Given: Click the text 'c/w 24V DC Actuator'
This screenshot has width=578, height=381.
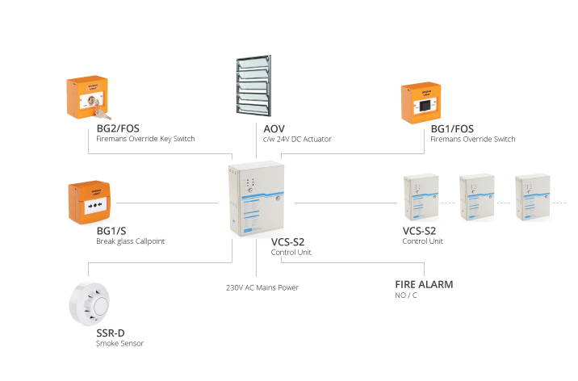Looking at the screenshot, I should click(297, 140).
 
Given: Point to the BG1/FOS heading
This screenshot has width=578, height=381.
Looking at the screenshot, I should click(452, 128).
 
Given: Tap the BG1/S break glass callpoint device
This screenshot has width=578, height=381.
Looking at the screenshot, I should click(94, 203).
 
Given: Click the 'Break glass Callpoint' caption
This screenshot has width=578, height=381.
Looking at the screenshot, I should click(131, 241).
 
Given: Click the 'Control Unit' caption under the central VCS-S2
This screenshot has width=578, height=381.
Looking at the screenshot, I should click(291, 253).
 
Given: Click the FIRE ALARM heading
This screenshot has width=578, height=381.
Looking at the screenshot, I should click(424, 284).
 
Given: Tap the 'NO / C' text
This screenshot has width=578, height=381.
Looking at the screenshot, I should click(407, 296).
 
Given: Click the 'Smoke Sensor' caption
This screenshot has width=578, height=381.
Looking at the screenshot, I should click(119, 344).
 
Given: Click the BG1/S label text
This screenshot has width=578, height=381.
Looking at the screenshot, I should click(112, 230).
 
